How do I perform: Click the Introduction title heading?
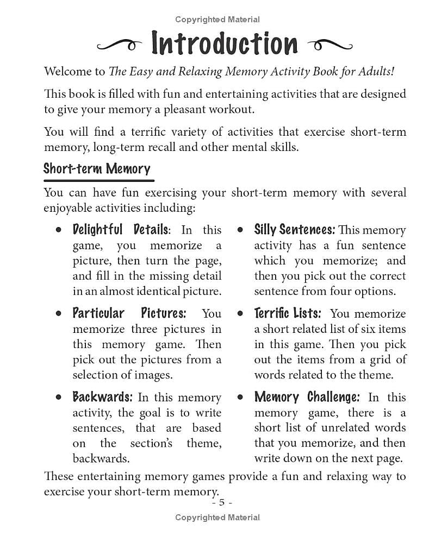(225, 43)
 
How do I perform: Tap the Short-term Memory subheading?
(97, 168)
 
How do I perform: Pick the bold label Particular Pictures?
(129, 313)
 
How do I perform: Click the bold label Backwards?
(102, 397)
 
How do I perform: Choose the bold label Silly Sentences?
(294, 230)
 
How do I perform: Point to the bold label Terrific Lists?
(288, 313)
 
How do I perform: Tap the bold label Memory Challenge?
(307, 397)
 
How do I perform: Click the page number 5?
(222, 502)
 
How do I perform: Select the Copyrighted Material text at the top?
(217, 20)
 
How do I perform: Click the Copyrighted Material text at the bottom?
(217, 518)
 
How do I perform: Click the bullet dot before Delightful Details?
(58, 230)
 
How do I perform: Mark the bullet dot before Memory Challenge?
(240, 398)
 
